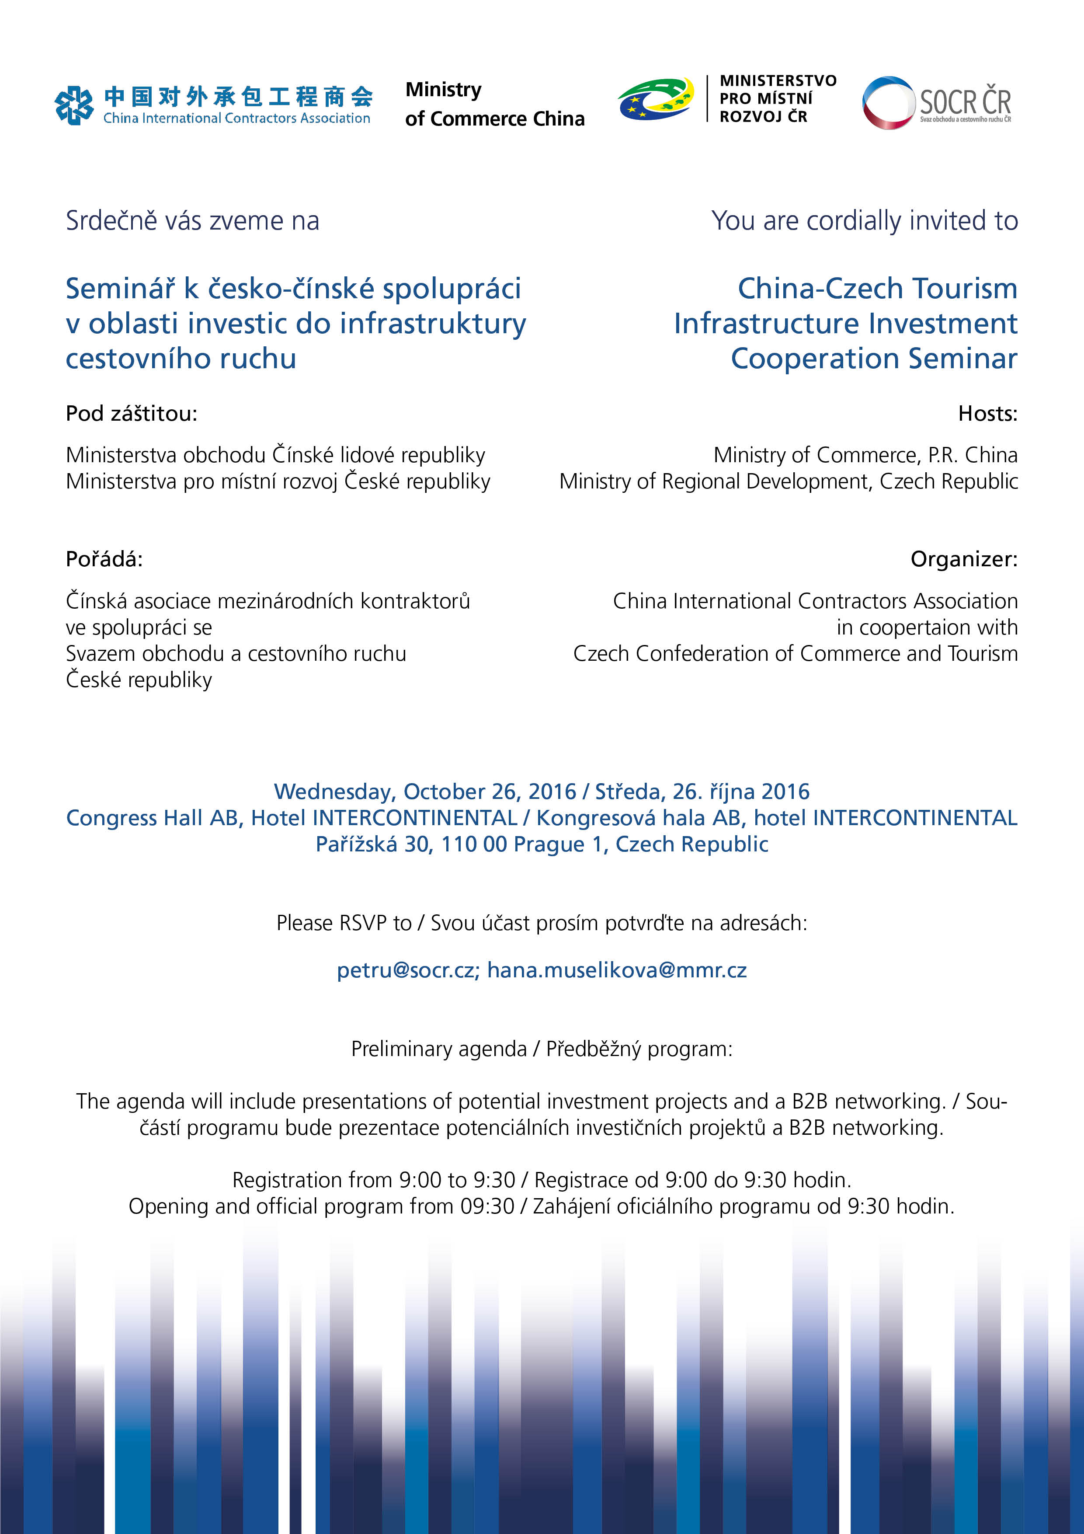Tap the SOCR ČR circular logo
888,102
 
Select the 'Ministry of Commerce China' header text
494,104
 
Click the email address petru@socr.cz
407,970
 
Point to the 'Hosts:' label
987,414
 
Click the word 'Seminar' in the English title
962,359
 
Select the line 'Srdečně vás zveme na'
192,220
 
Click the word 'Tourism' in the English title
964,289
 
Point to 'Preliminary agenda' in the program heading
439,1049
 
